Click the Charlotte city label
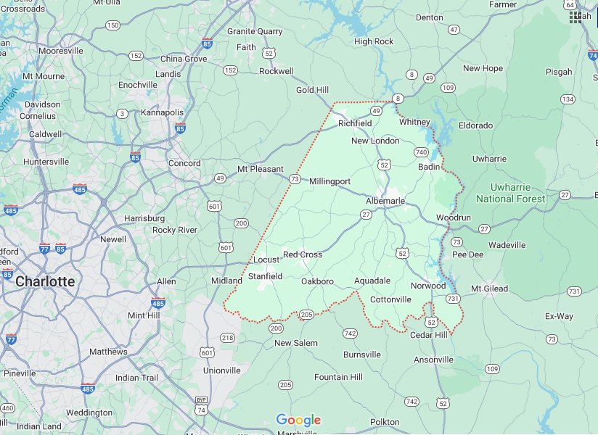click(x=45, y=281)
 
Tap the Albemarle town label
click(x=385, y=200)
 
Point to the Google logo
click(x=298, y=420)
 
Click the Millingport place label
click(x=330, y=181)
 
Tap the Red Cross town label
click(x=303, y=254)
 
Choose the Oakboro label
click(x=317, y=281)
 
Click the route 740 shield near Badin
click(x=421, y=152)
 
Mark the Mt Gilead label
click(x=490, y=289)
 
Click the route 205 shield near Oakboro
click(x=306, y=314)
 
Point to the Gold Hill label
click(x=313, y=90)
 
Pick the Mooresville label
click(x=61, y=51)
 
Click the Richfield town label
click(x=355, y=123)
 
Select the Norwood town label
click(x=428, y=286)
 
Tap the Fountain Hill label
click(x=338, y=377)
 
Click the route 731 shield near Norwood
click(x=453, y=299)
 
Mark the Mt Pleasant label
click(x=261, y=169)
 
